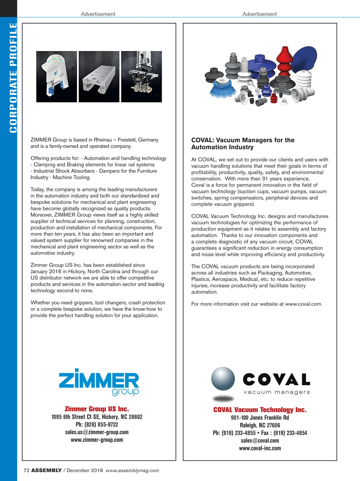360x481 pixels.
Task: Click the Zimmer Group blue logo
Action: point(99,381)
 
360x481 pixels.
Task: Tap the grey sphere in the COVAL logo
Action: point(223,378)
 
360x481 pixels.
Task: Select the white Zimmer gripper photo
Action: point(56,77)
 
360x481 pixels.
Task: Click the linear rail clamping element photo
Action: point(99,77)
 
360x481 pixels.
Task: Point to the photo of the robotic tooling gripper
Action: point(141,77)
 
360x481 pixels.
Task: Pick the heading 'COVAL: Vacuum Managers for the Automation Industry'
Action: point(243,143)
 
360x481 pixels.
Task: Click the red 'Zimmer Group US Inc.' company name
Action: point(97,409)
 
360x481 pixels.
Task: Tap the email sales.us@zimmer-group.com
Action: point(97,432)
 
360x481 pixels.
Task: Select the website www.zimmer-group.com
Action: point(97,440)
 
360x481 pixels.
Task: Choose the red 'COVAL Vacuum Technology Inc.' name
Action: point(260,410)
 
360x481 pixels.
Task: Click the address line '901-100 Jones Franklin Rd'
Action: point(260,418)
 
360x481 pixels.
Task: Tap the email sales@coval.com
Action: point(260,440)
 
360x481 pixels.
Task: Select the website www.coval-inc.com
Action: point(260,448)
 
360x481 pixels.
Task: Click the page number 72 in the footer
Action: point(26,470)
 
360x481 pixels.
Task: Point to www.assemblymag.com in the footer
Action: point(132,470)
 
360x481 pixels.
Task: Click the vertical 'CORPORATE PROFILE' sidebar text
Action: point(13,78)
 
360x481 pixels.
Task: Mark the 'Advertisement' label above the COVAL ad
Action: point(259,14)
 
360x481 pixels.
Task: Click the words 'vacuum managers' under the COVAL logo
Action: point(277,392)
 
